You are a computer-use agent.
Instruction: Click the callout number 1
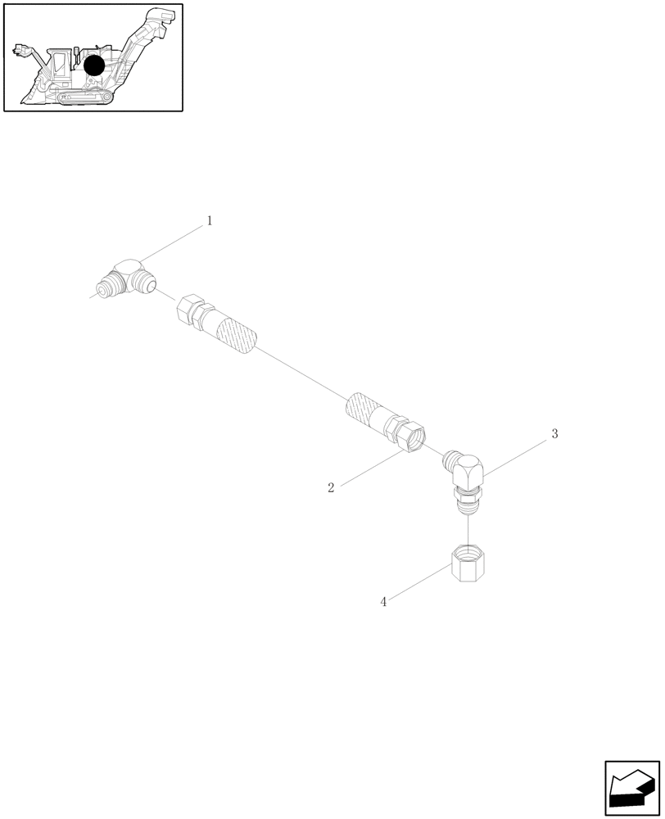pos(210,221)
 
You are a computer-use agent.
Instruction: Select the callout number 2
pos(331,488)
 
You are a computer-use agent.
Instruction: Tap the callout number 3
pos(554,434)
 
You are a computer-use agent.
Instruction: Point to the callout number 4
pos(383,602)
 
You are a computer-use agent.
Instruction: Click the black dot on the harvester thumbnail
pos(94,66)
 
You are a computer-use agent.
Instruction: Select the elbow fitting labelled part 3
pos(468,475)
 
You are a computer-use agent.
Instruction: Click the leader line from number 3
pos(516,455)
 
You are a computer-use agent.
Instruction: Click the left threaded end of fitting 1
pos(104,288)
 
